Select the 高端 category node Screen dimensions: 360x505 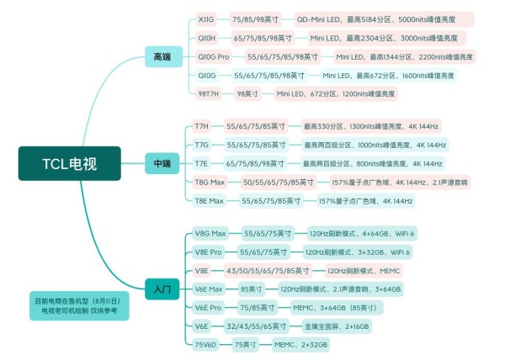(x=162, y=56)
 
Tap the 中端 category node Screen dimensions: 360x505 (x=162, y=162)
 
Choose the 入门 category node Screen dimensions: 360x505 (x=162, y=289)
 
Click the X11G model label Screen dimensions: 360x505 (x=205, y=19)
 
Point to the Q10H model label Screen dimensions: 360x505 (x=206, y=38)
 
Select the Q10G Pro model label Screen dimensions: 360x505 (x=213, y=56)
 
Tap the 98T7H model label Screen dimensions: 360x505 (x=208, y=93)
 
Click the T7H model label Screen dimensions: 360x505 (x=202, y=126)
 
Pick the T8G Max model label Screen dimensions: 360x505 (x=210, y=182)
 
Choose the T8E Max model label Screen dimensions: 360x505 (x=210, y=200)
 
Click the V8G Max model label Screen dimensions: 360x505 (x=211, y=233)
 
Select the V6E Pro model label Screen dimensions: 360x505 (x=208, y=307)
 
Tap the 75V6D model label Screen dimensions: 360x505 (x=206, y=344)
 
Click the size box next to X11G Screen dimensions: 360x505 (x=256, y=19)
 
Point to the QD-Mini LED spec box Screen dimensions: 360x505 (x=383, y=19)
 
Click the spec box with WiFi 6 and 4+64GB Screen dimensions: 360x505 (x=362, y=233)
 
